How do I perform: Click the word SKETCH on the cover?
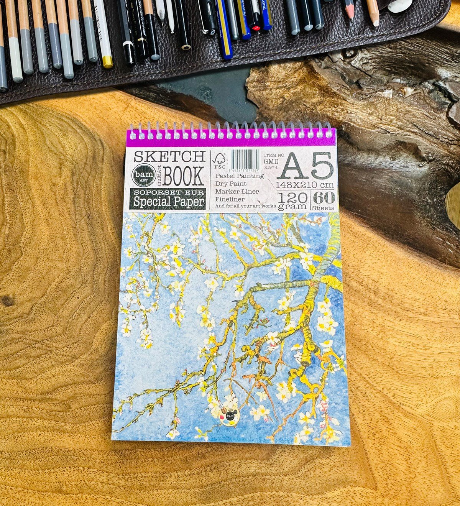click(169, 156)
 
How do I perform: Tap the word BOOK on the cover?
click(183, 177)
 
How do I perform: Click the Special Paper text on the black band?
click(170, 202)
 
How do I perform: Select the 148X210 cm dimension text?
click(305, 185)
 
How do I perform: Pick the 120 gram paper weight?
click(293, 201)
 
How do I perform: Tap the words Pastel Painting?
click(240, 176)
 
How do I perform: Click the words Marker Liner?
click(237, 191)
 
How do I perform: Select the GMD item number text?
click(271, 162)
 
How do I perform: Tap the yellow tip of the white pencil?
click(108, 62)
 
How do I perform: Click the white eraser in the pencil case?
click(400, 6)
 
